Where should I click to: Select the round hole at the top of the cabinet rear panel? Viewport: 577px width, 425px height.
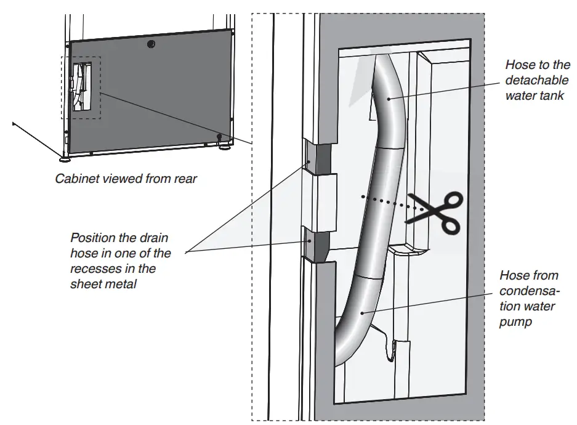151,44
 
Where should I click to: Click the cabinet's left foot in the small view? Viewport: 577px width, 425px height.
65,158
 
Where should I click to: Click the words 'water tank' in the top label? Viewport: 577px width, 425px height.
533,95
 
